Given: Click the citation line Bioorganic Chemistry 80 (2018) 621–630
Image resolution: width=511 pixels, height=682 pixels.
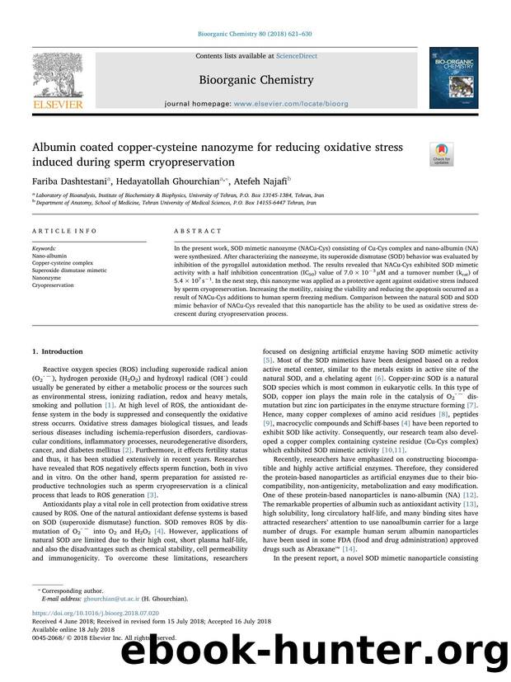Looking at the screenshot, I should (x=255, y=35).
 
